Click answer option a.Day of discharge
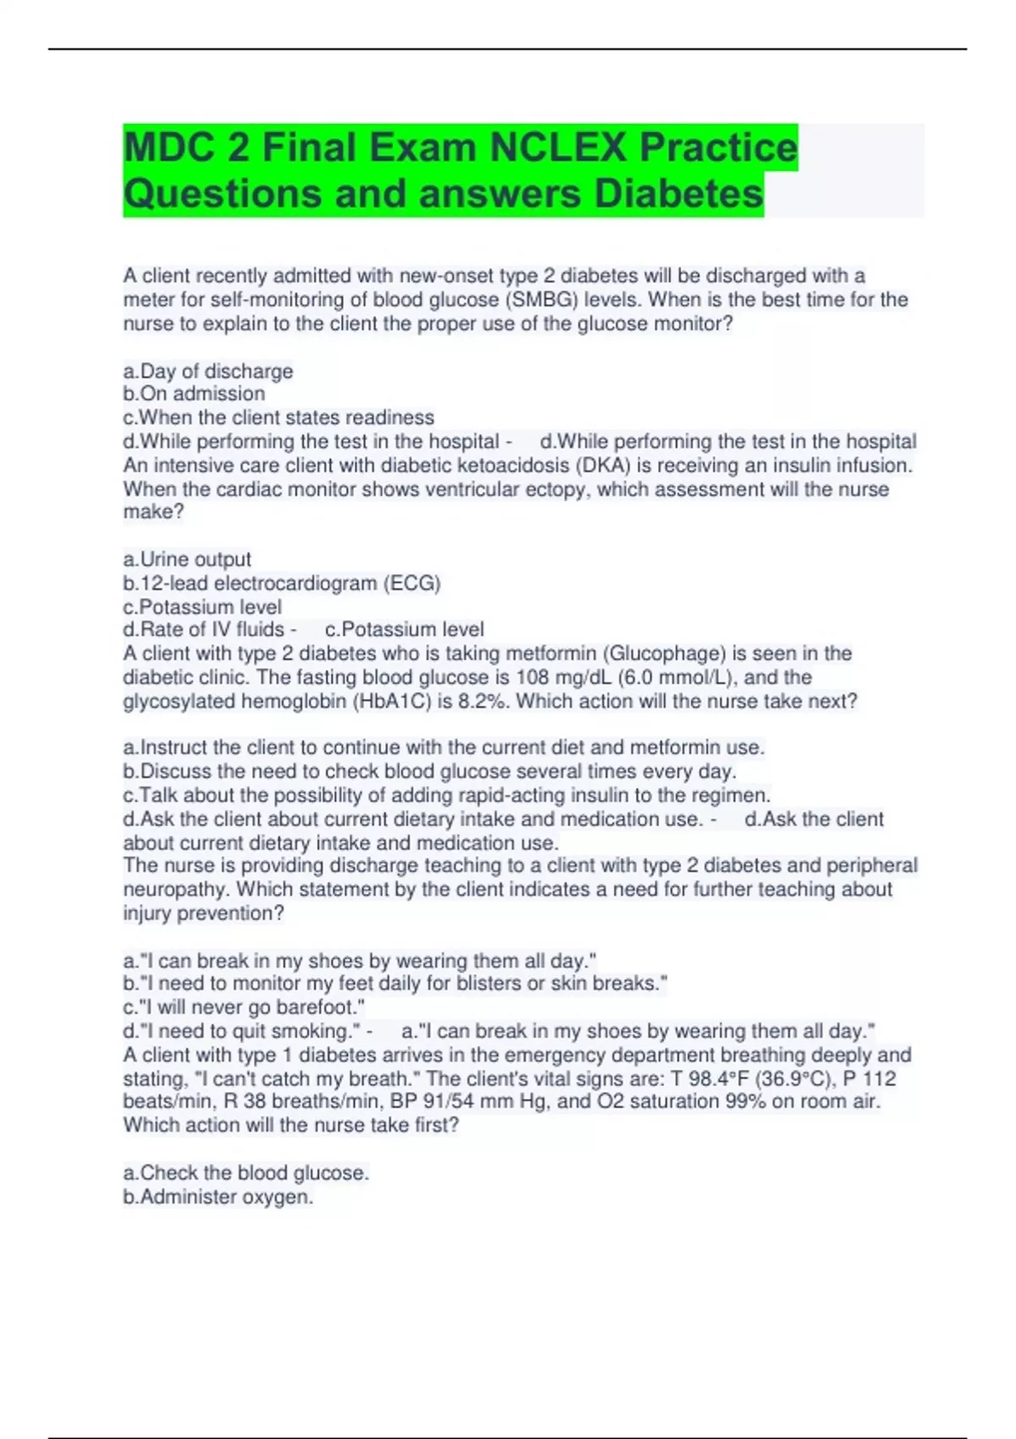pyautogui.click(x=208, y=371)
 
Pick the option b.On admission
pyautogui.click(x=194, y=394)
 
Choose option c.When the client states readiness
pyautogui.click(x=279, y=417)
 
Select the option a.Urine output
pyautogui.click(x=187, y=560)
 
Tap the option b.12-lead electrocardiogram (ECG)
pyautogui.click(x=282, y=583)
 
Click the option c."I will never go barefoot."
pyautogui.click(x=244, y=1007)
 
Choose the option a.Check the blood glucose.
pyautogui.click(x=246, y=1173)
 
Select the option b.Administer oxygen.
pyautogui.click(x=218, y=1197)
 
